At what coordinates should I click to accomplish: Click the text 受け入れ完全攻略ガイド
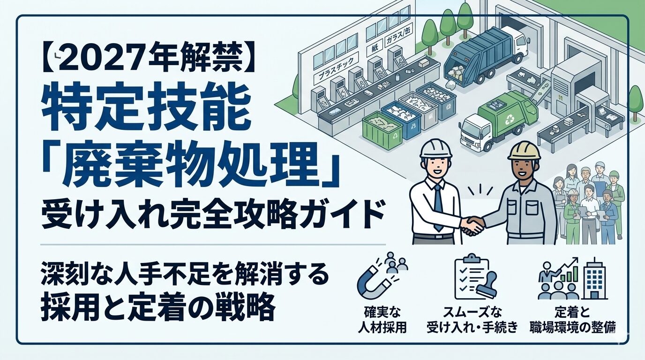click(x=213, y=217)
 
